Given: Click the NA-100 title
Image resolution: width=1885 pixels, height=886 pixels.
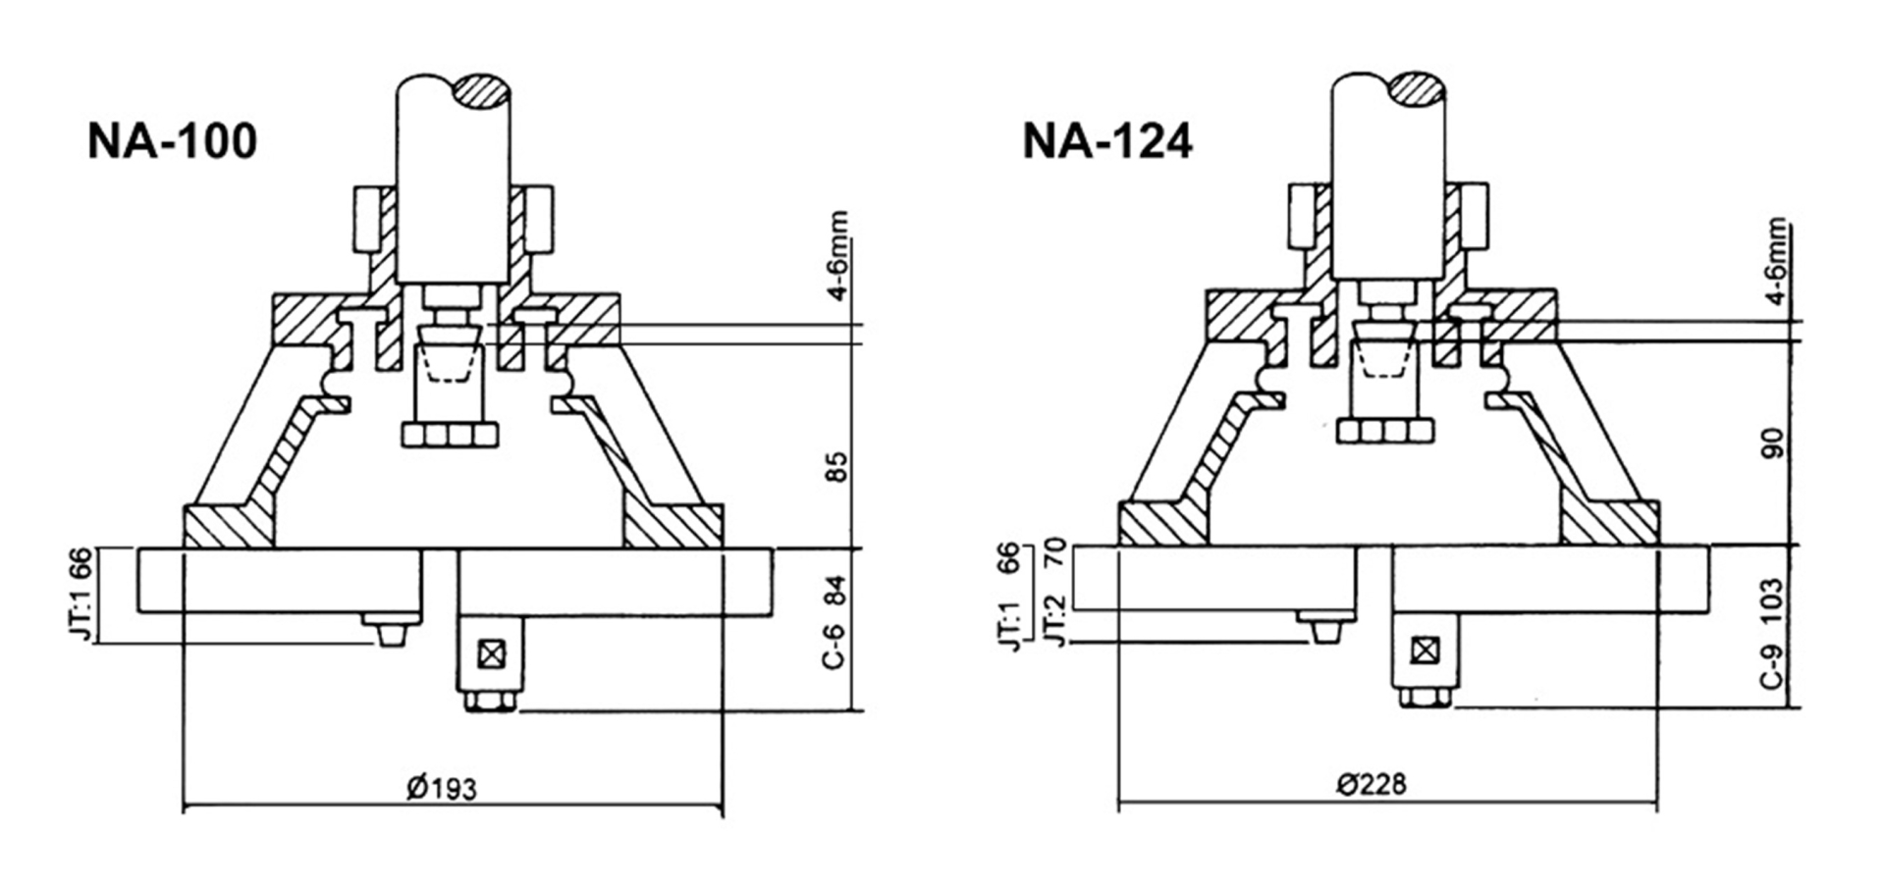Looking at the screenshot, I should click(172, 141).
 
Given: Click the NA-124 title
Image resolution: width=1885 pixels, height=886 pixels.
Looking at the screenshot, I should click(1106, 141).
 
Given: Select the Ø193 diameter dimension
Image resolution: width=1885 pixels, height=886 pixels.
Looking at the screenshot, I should click(442, 788).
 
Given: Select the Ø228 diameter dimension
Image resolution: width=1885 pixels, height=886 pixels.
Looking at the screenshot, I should click(1371, 784).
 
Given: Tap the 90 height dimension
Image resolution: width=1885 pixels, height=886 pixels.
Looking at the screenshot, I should click(1773, 443).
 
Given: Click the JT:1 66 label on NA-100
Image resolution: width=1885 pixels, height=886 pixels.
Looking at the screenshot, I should click(82, 595).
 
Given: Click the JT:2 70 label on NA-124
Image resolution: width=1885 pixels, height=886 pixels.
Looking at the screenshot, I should click(1054, 595).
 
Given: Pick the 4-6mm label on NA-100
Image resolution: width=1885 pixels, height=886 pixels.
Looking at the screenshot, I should click(836, 255).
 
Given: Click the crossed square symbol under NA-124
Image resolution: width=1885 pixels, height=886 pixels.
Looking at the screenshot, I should click(1425, 650).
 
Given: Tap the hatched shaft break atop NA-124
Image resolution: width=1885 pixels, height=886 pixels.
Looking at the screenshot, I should click(1415, 89).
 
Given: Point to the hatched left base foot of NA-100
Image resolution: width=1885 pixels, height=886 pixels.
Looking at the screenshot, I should click(229, 526).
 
